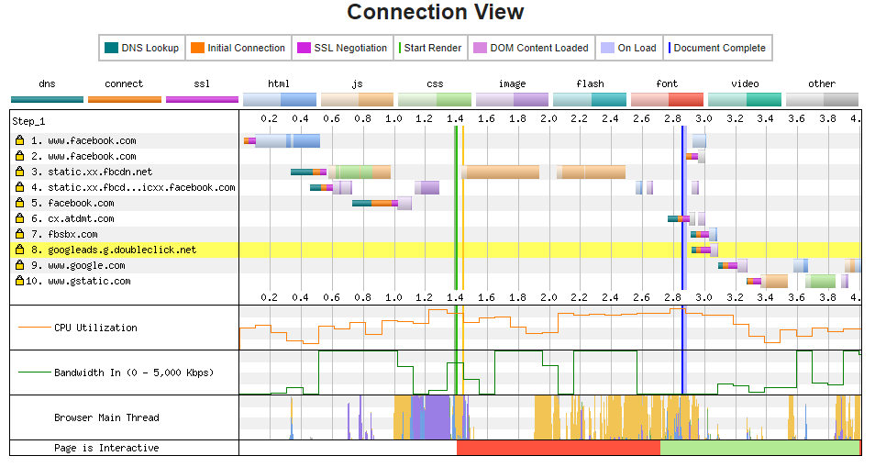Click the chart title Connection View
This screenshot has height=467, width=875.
click(x=436, y=12)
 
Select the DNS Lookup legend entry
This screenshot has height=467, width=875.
click(x=142, y=48)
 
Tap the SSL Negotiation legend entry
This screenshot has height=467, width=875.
click(x=342, y=48)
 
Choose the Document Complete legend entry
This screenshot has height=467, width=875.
click(x=717, y=48)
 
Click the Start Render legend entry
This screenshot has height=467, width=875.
click(x=430, y=48)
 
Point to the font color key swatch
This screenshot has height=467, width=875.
click(x=667, y=100)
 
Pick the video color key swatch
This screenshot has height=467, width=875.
click(x=745, y=100)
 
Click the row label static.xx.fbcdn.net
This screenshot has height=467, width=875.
click(x=100, y=172)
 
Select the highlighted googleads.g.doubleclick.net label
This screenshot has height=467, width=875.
click(x=122, y=250)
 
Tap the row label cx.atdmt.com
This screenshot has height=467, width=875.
click(x=81, y=218)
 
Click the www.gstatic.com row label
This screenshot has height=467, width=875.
click(x=89, y=281)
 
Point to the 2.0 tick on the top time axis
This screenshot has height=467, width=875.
click(x=548, y=118)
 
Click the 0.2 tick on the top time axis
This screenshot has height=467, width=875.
click(x=269, y=118)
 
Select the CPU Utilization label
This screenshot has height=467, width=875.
click(x=95, y=328)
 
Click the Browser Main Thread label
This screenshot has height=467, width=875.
click(x=106, y=417)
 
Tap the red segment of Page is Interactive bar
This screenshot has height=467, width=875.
click(x=559, y=448)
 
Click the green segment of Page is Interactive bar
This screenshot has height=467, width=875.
click(x=760, y=448)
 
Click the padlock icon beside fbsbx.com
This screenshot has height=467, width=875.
click(x=20, y=234)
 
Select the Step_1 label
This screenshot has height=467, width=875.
click(x=28, y=122)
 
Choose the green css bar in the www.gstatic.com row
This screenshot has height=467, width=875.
click(x=820, y=281)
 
